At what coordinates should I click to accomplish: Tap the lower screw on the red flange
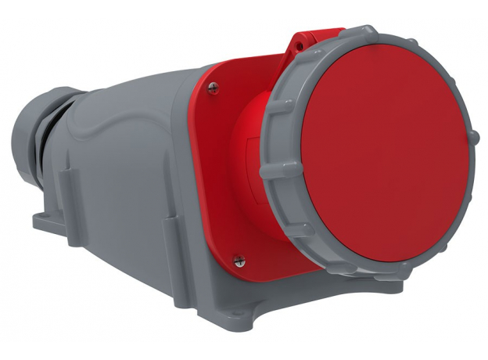pyautogui.click(x=239, y=259)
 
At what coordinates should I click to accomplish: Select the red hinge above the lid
pyautogui.click(x=309, y=43)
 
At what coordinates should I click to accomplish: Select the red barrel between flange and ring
pyautogui.click(x=254, y=157)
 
